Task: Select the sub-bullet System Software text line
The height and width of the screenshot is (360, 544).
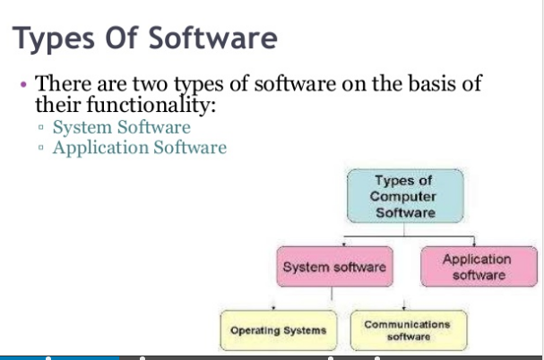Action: (121, 127)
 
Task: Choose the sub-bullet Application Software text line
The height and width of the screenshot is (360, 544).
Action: (139, 147)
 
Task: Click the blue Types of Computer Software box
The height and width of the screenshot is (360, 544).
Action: (405, 197)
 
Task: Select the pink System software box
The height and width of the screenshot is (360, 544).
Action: (334, 267)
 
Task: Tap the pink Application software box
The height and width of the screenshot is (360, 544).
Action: (478, 267)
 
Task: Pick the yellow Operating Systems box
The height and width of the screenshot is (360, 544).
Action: (279, 330)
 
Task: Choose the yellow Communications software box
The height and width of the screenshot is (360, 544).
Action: (408, 330)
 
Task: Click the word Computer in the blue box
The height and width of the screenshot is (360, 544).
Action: (405, 197)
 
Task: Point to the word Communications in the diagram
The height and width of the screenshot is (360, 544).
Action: (408, 323)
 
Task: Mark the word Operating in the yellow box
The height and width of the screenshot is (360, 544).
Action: (256, 330)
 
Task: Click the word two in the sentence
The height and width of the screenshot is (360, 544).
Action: (149, 84)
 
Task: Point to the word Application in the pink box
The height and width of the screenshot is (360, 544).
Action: (478, 259)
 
